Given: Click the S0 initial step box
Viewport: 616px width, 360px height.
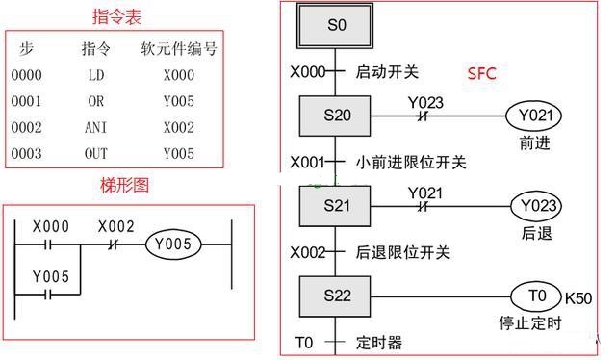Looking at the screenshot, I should (336, 26).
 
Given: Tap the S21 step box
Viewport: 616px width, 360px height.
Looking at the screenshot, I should (335, 206).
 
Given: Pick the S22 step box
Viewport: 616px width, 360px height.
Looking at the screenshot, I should (335, 296).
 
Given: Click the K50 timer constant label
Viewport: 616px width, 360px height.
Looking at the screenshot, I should (579, 297).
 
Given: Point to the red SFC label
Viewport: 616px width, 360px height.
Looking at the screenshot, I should (481, 73).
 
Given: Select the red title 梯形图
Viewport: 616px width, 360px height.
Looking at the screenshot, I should (125, 185).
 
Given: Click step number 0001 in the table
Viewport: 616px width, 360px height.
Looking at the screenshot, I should (27, 100).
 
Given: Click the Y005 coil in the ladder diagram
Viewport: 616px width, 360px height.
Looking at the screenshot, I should (173, 245).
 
